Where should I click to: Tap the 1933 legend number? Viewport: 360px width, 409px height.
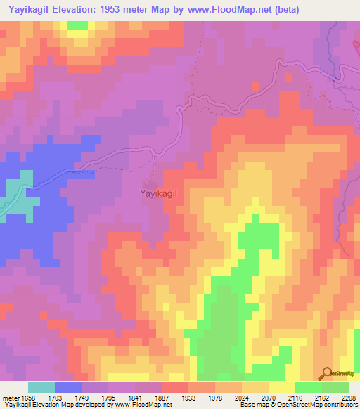coord(189,398)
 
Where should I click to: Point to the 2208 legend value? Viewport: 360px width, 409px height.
coord(349,398)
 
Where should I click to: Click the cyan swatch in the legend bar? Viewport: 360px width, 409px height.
coord(41,387)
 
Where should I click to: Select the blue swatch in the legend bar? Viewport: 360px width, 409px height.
coord(68,387)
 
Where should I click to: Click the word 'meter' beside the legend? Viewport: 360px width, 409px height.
coord(9,398)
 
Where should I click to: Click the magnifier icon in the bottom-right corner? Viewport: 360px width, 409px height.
coord(326,374)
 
